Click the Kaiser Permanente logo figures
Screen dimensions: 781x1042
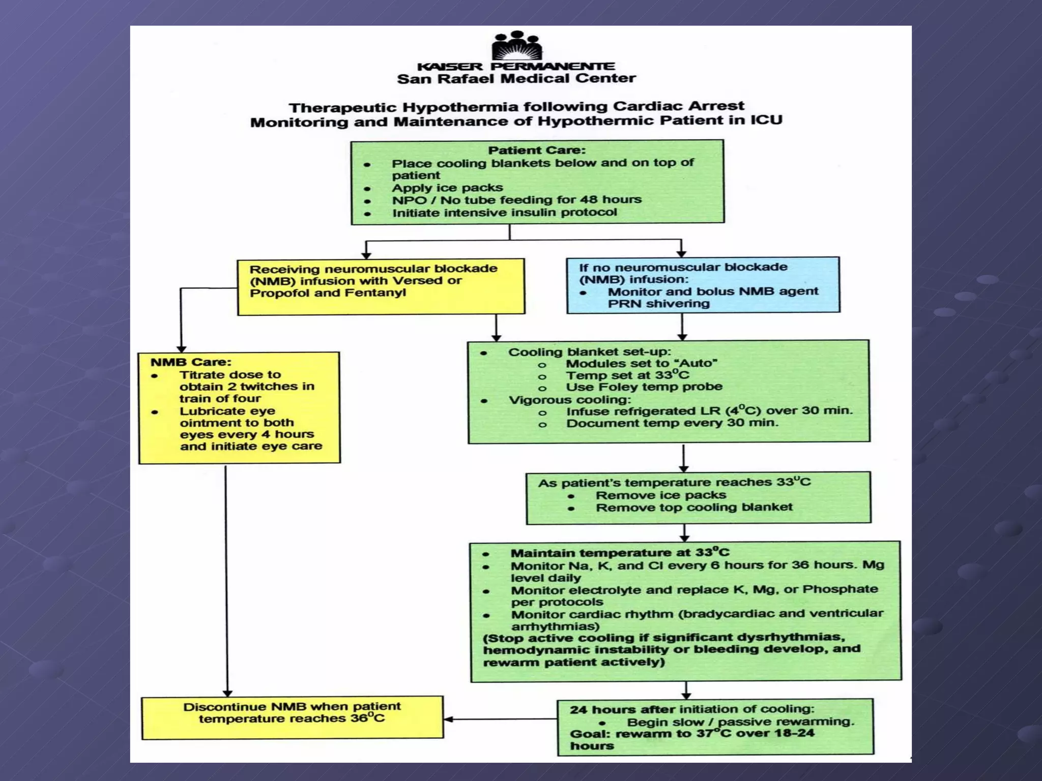click(516, 46)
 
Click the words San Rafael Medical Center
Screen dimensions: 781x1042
click(516, 79)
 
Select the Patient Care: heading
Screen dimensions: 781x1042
click(537, 151)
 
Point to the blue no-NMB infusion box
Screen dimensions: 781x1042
click(703, 285)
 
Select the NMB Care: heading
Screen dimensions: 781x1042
click(191, 363)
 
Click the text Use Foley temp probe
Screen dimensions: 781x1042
click(644, 387)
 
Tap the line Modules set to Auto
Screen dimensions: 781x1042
click(641, 364)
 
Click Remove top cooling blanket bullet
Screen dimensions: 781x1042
click(694, 507)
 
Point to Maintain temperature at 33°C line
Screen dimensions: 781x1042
click(620, 553)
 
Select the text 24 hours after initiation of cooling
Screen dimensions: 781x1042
click(692, 709)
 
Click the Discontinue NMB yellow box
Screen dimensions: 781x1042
click(292, 717)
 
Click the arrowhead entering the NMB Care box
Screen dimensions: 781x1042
click(181, 349)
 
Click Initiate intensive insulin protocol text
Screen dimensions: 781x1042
click(504, 213)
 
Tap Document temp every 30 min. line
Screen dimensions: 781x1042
click(672, 424)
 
